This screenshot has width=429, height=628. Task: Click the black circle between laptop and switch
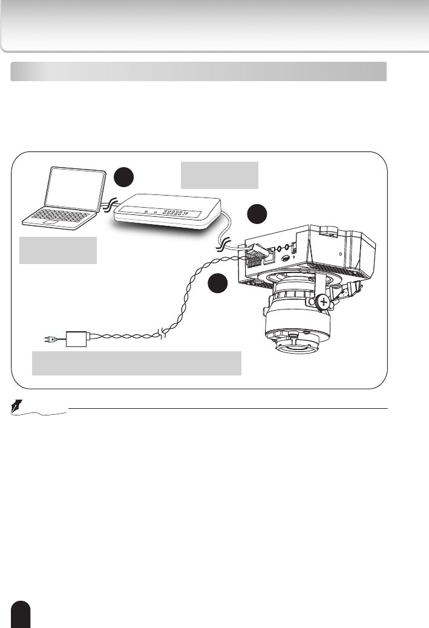click(x=124, y=177)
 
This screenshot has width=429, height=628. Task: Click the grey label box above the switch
click(x=220, y=175)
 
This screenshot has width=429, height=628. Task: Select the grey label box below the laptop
click(x=58, y=250)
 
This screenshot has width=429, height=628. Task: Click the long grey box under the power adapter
click(x=137, y=363)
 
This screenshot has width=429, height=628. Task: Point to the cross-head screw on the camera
click(x=324, y=302)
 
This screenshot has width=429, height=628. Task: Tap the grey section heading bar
click(x=198, y=71)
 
